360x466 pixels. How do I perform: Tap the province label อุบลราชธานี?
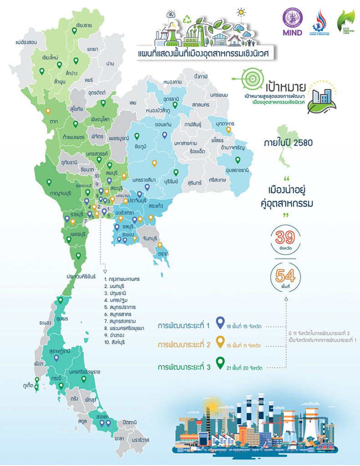(x=236, y=170)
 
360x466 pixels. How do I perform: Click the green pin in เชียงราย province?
(x=74, y=32)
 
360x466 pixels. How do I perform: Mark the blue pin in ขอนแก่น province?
(x=165, y=134)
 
